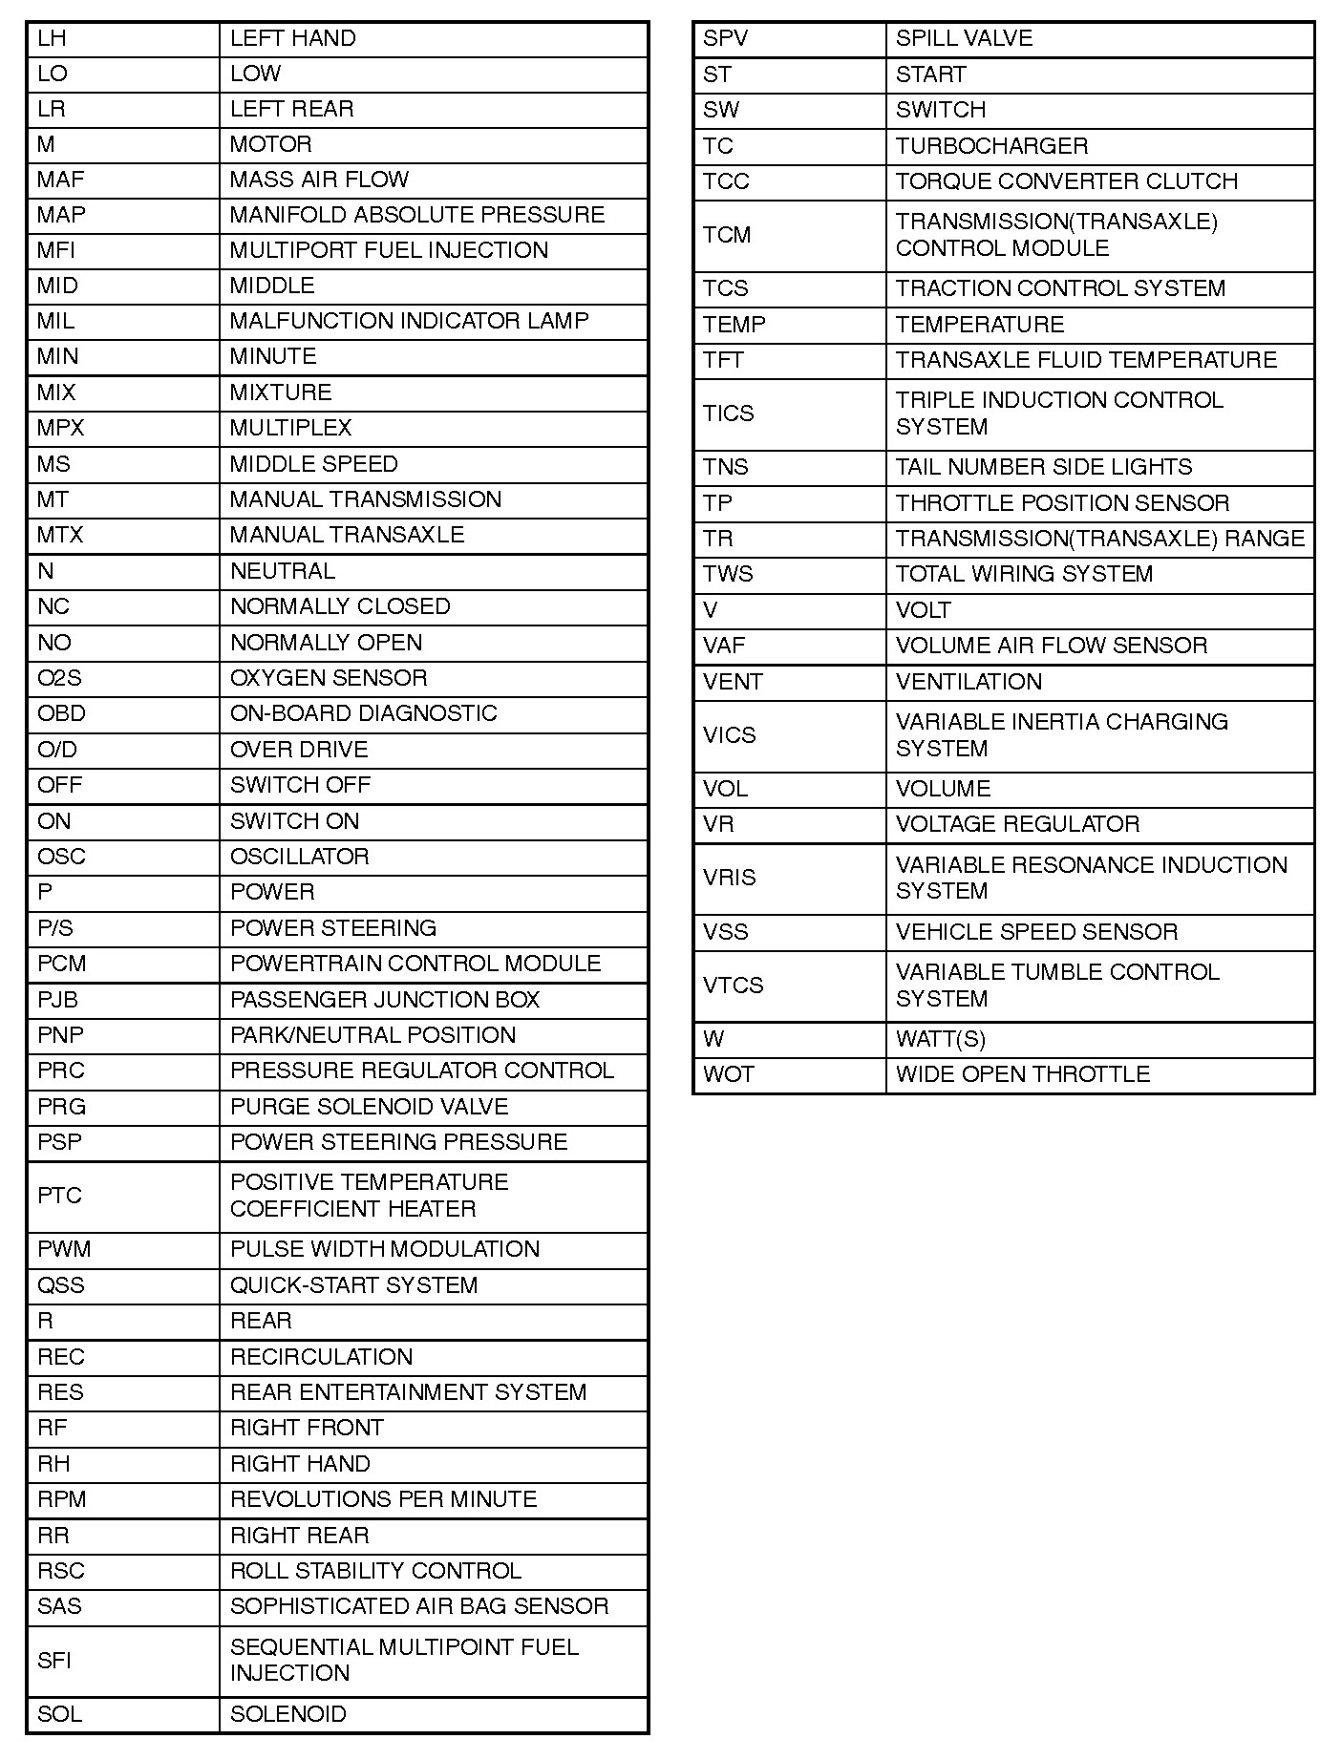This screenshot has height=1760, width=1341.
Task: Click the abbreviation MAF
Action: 60,180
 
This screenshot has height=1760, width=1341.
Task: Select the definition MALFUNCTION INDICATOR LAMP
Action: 409,321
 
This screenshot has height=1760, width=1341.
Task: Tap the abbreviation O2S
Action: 59,678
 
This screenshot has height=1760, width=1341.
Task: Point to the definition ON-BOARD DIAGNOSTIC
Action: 363,713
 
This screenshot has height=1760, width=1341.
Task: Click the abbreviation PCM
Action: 61,964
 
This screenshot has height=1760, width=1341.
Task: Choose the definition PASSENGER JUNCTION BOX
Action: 385,1000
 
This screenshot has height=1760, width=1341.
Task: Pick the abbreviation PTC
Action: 59,1196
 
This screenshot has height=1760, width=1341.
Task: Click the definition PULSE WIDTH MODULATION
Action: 385,1249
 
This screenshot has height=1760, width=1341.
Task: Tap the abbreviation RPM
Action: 61,1499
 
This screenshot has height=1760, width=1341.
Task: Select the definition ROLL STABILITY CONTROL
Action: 375,1571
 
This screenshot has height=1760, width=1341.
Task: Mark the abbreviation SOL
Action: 59,1714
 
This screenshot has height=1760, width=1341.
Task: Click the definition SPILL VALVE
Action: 964,38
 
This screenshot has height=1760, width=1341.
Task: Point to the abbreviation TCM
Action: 727,235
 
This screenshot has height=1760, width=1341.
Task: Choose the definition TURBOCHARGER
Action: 991,146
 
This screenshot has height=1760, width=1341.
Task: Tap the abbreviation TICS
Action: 728,413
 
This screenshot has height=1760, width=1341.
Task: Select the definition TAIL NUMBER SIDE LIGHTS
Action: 1044,467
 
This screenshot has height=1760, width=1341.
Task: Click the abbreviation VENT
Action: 733,682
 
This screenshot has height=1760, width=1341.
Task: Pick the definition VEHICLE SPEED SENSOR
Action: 1036,932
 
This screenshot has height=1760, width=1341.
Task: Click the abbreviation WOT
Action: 728,1074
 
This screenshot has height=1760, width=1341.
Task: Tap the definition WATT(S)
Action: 940,1039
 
